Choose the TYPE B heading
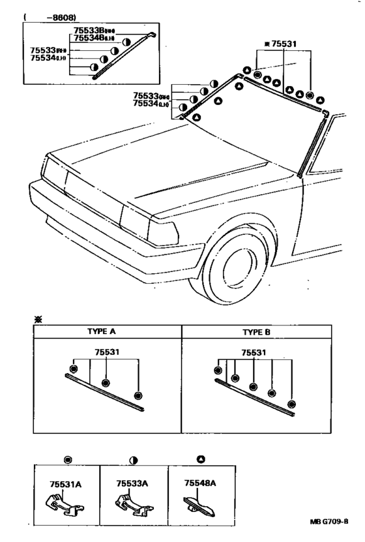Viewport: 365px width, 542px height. [x=255, y=331]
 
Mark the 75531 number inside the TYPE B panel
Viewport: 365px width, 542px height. [x=255, y=353]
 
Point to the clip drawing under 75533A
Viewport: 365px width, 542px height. [x=130, y=506]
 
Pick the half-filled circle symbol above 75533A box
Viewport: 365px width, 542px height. [x=134, y=460]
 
